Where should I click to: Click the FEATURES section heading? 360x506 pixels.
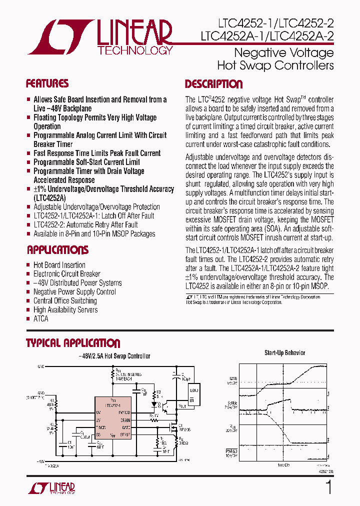click(x=47, y=83)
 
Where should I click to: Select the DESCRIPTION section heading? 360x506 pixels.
click(x=213, y=84)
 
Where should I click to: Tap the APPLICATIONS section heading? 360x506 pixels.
click(x=57, y=250)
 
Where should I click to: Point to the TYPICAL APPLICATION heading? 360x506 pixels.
click(x=73, y=343)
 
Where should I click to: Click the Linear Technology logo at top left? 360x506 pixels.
click(x=100, y=37)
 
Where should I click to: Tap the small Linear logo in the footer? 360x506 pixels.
click(x=52, y=488)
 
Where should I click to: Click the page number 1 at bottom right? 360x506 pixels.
click(x=328, y=487)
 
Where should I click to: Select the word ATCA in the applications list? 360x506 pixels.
click(x=41, y=318)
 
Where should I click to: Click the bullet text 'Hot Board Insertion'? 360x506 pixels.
click(x=59, y=265)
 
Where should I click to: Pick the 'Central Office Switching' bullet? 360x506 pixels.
click(x=65, y=300)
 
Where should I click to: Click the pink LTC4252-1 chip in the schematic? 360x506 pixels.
click(x=113, y=418)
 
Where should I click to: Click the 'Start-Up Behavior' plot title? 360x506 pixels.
click(x=284, y=352)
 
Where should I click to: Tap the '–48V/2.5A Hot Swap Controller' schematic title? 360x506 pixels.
click(x=114, y=356)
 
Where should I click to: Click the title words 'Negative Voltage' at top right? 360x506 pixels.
click(x=283, y=53)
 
